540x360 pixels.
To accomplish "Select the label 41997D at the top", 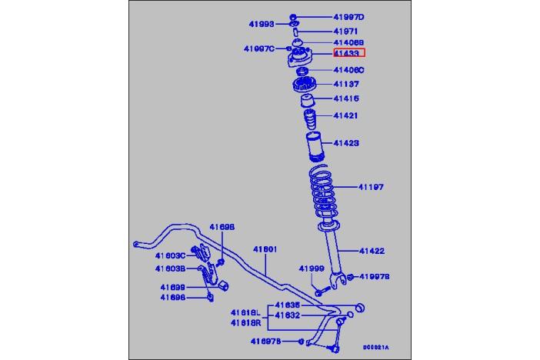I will coord(349,17).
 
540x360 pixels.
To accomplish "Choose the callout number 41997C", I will coord(258,48).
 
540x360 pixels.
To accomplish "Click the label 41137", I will coord(345,84).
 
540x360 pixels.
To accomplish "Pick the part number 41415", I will coord(345,98).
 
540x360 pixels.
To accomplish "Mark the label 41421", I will coord(345,116).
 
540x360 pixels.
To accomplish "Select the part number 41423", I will coord(345,143).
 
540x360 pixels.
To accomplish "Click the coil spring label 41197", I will coord(370,187).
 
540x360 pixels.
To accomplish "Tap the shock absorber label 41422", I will coord(371,251).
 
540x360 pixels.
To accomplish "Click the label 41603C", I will coord(169,255).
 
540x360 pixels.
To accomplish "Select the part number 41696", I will coord(172,297).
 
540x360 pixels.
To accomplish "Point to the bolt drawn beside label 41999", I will coord(322,289).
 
